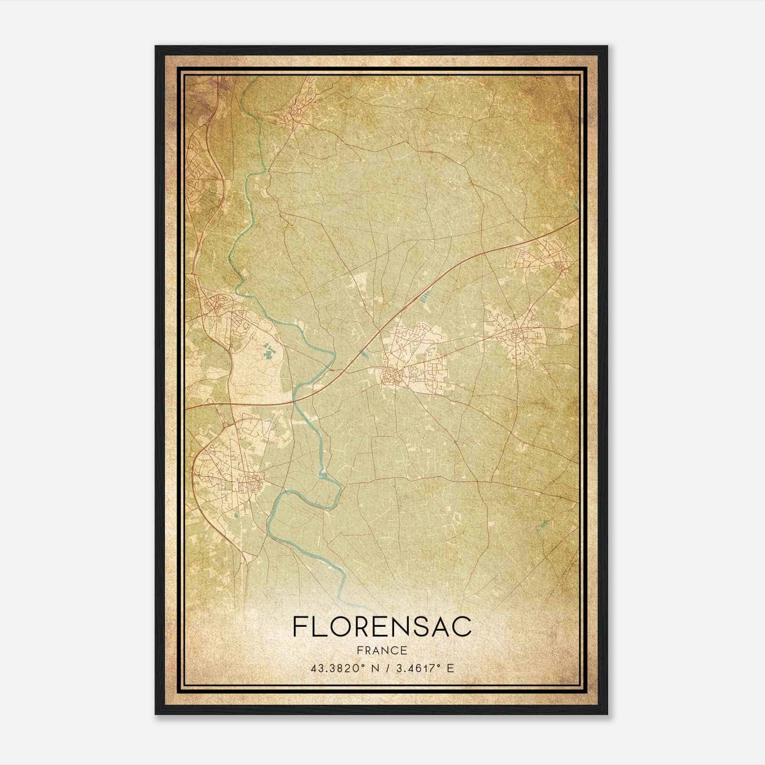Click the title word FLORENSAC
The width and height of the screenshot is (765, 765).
click(382, 627)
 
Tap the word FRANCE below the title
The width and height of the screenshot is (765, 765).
click(382, 651)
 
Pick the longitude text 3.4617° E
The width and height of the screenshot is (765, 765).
click(424, 668)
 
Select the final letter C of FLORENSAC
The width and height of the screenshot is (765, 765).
click(462, 627)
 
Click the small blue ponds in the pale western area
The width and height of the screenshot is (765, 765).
click(267, 353)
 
